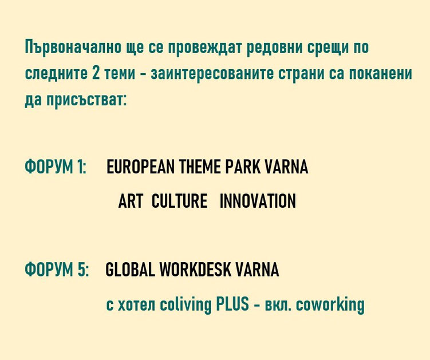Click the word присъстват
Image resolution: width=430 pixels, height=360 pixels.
(x=86, y=100)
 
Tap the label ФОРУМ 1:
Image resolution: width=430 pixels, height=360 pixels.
(x=56, y=167)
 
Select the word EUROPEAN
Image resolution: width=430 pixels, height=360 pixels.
(x=140, y=167)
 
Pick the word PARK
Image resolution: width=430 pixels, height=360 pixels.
(x=243, y=167)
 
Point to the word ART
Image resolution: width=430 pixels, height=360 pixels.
(x=131, y=201)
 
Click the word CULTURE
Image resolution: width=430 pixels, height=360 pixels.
(x=179, y=201)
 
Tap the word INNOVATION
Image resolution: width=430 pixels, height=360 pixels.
(x=258, y=201)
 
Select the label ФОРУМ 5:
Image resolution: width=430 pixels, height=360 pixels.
(x=57, y=269)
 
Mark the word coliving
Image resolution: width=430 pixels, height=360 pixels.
(x=186, y=304)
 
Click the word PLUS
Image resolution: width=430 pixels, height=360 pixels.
(x=232, y=304)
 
